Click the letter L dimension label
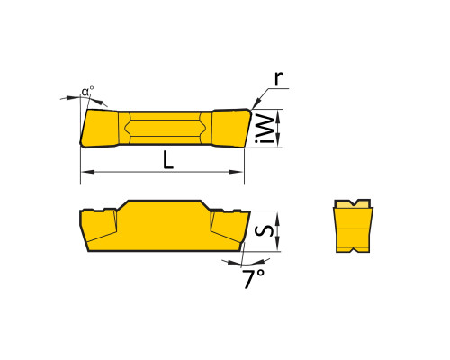pos(168,159)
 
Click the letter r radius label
pos(279,79)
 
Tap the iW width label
pos(265,129)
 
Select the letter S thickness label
pos(265,230)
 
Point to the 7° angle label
pos(254,278)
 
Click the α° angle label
pos(87,91)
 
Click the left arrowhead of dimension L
pos(87,172)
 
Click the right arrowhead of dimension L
pos(237,172)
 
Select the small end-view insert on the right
pos(354,226)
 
